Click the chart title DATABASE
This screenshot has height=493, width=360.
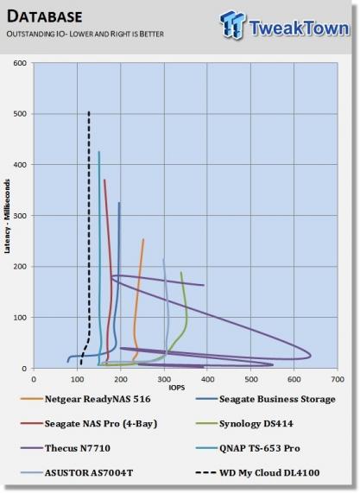44,16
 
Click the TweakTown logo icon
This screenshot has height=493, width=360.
232,24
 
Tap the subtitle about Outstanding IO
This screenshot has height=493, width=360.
85,34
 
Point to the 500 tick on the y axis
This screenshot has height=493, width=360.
20,114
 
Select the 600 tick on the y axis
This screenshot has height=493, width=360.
20,63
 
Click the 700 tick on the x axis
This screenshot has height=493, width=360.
338,379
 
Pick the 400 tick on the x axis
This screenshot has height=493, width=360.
207,379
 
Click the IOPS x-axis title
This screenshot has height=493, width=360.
177,388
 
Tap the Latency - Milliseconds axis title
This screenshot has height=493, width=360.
7,217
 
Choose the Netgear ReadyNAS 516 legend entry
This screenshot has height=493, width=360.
85,399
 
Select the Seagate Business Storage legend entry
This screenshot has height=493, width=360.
265,399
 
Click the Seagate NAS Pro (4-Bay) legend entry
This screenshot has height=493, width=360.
89,424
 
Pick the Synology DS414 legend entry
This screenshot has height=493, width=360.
244,424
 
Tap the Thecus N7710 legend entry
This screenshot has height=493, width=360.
65,448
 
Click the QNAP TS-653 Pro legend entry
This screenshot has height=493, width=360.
248,448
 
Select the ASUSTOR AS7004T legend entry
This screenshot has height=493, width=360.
76,472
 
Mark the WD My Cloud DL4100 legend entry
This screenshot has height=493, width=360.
257,472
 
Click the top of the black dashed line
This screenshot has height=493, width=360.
89,111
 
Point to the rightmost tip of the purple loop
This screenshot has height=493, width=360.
311,356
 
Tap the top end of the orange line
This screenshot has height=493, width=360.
143,239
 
